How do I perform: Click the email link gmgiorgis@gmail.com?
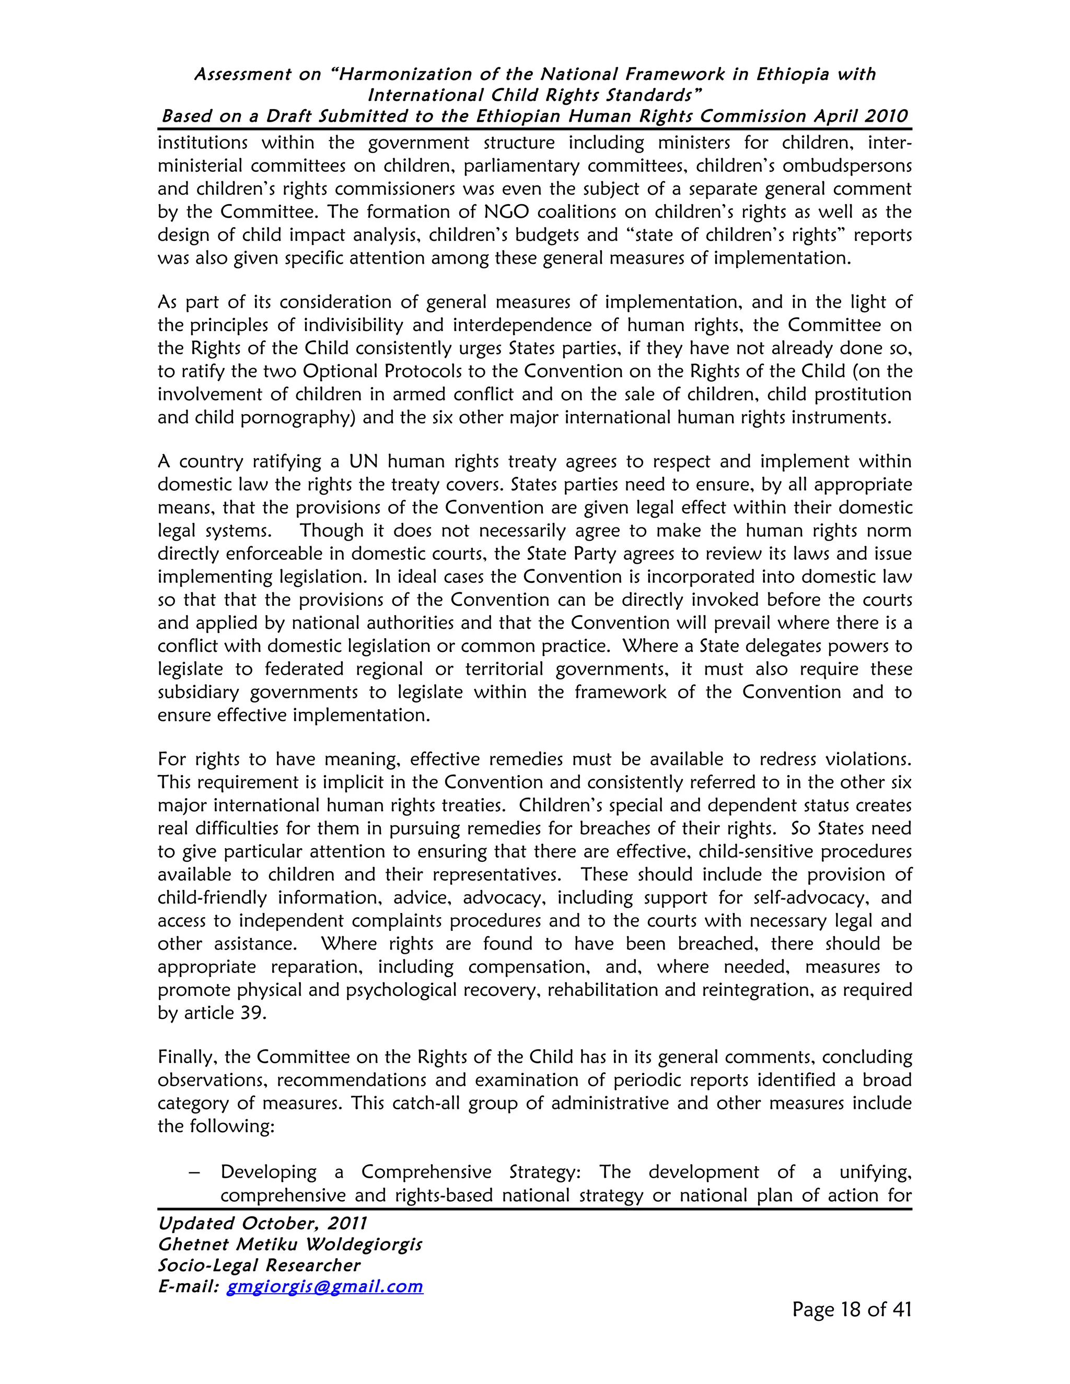point(324,1286)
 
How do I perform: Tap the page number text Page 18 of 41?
point(851,1310)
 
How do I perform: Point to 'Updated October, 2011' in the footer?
point(262,1224)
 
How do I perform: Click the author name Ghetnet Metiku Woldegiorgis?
point(289,1245)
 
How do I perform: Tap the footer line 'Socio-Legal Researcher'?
point(259,1265)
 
